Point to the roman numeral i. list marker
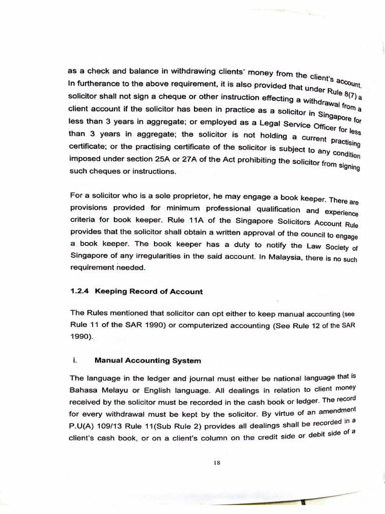coord(73,360)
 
